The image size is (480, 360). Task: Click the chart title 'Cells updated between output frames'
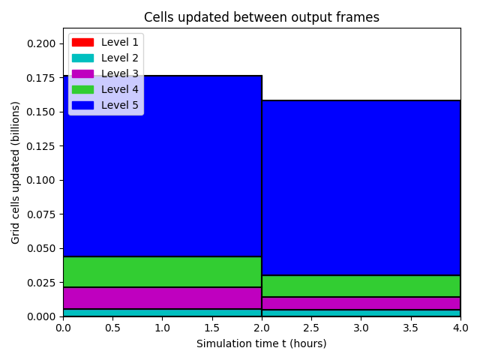click(x=262, y=17)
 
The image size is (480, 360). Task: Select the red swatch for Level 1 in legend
click(x=82, y=42)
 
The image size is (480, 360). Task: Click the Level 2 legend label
click(x=120, y=58)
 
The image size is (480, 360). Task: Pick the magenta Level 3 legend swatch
click(x=82, y=73)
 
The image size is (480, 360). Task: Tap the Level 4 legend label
click(x=120, y=89)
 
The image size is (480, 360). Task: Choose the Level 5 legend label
click(x=120, y=105)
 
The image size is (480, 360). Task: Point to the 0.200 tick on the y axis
click(x=41, y=43)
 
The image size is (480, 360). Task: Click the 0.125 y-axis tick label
click(x=41, y=146)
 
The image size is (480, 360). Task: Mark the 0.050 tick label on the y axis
click(x=41, y=248)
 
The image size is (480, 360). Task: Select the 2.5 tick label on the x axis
click(x=311, y=328)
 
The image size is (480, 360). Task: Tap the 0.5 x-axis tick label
click(x=113, y=328)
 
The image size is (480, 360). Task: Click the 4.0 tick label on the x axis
click(x=460, y=328)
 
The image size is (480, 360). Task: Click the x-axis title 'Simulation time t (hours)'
click(x=262, y=343)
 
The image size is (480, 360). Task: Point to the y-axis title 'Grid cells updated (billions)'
click(x=15, y=172)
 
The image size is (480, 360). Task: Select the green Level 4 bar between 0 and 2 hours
click(x=162, y=271)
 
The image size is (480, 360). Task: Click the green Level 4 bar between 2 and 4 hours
click(x=361, y=286)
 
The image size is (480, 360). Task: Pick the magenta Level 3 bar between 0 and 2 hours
click(x=162, y=298)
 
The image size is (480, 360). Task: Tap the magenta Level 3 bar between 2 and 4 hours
click(x=361, y=303)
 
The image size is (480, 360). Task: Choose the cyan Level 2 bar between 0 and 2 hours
click(x=162, y=313)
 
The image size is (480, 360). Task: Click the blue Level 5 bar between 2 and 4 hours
click(x=361, y=188)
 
